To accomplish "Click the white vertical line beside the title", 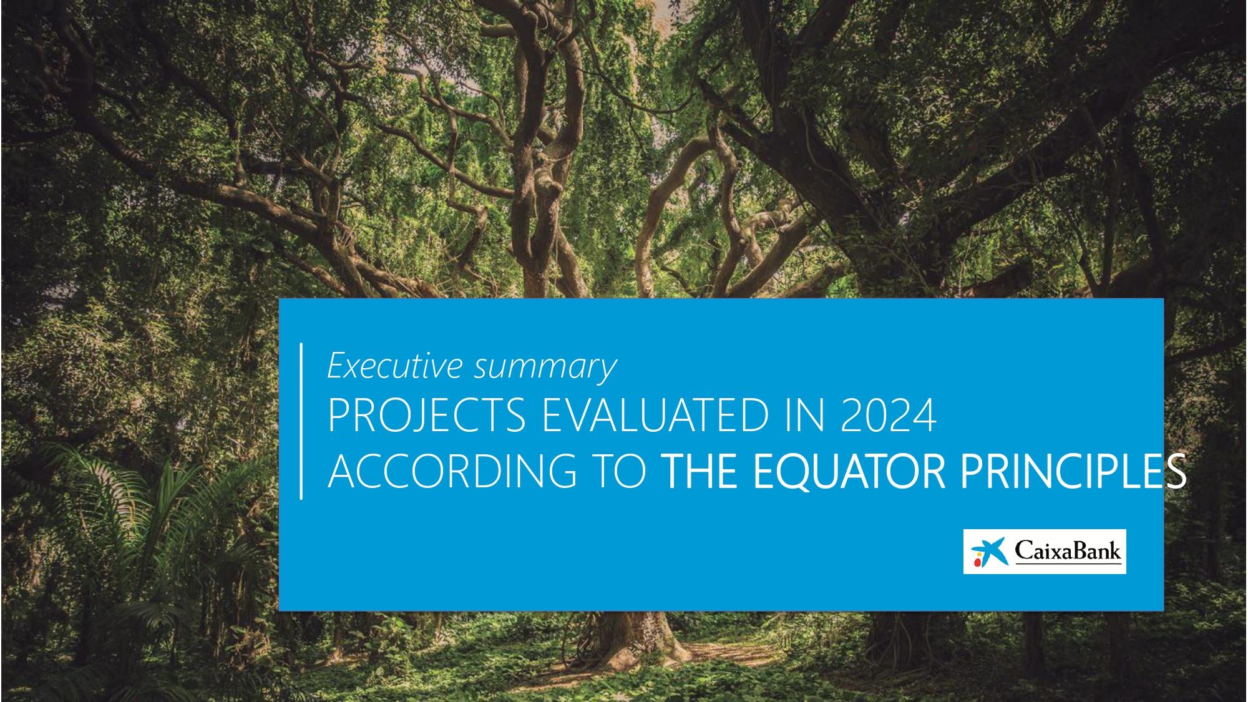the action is (x=301, y=421).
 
